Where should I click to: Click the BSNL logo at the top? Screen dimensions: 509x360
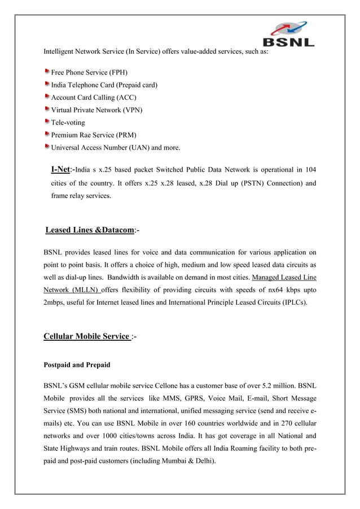[x=288, y=35]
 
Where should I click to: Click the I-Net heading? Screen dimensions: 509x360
[x=60, y=169]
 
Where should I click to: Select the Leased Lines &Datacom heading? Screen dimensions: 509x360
[x=90, y=230]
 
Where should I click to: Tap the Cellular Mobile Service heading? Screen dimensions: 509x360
[x=86, y=337]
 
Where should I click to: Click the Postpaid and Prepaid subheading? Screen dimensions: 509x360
[x=77, y=365]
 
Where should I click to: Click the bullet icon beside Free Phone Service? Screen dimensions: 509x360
[x=47, y=72]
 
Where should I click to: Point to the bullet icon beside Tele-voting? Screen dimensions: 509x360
[x=47, y=122]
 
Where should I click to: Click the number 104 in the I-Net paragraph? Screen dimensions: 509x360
[x=310, y=170]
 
